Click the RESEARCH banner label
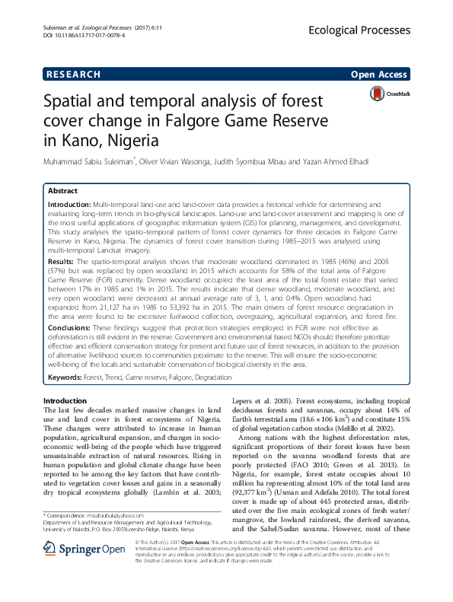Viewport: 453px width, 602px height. (73, 75)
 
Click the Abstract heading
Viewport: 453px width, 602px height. (63, 190)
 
